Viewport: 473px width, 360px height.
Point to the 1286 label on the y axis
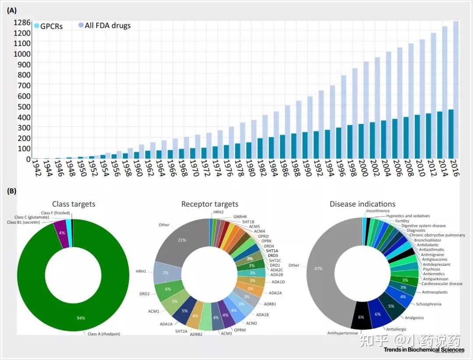pos(22,22)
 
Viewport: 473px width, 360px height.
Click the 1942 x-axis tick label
pos(36,168)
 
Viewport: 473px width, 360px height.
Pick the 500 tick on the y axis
pos(24,106)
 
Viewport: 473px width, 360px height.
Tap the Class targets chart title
pos(74,204)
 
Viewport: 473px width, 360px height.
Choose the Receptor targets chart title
pos(210,204)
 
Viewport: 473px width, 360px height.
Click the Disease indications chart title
pos(362,204)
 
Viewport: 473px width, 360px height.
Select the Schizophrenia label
pos(428,304)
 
